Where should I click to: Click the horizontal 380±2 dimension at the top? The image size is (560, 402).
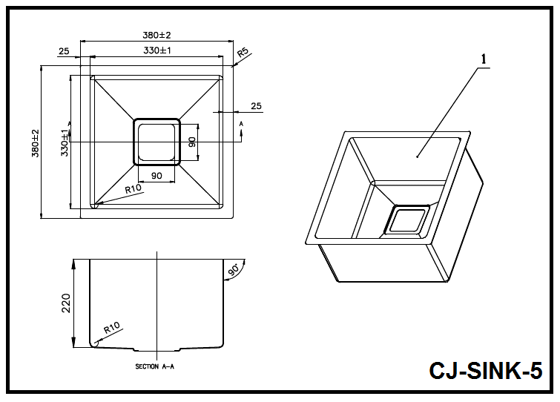coord(157,35)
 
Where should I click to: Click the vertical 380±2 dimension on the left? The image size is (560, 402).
coord(34,142)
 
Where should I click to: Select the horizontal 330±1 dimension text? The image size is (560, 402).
coord(157,50)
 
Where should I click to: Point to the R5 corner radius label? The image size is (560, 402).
coord(243,54)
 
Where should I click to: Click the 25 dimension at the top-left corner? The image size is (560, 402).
coord(63,50)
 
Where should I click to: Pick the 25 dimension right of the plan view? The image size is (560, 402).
coord(256,106)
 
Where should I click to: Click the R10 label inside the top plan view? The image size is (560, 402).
coord(133,189)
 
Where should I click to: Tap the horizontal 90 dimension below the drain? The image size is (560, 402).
coord(157,176)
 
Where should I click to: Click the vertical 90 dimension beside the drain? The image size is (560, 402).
coord(191,142)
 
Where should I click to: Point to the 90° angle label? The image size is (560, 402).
coord(235,268)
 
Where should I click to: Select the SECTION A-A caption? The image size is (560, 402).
coord(154,366)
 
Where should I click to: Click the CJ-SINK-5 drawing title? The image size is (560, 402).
coord(485,370)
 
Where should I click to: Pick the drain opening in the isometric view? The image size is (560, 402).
coord(407,221)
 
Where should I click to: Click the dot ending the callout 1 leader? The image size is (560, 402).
coord(418,156)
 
